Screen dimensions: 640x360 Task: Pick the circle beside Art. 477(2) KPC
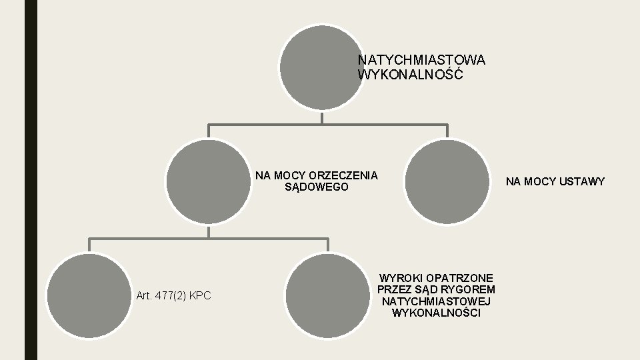click(x=89, y=295)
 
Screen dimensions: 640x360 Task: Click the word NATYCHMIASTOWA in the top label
click(x=421, y=60)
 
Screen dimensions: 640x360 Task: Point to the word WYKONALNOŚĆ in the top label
click(x=410, y=75)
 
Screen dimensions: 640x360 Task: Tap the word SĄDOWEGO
click(x=317, y=187)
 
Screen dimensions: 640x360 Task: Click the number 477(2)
click(x=171, y=295)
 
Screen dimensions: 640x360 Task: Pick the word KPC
click(x=200, y=295)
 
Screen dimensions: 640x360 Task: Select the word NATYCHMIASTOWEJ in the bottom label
click(x=436, y=301)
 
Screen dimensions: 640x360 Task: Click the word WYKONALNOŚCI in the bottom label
click(x=436, y=313)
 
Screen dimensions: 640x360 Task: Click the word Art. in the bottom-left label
click(x=143, y=295)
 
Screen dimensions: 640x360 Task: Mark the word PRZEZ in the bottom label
click(x=393, y=289)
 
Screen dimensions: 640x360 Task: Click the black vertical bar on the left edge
click(x=31, y=180)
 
